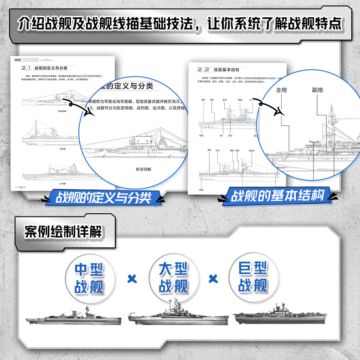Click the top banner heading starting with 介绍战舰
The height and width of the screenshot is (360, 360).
tap(180, 23)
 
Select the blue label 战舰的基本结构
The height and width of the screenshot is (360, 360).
tap(278, 196)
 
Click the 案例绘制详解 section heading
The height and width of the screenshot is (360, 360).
tap(63, 231)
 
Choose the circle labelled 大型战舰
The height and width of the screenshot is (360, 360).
tap(173, 278)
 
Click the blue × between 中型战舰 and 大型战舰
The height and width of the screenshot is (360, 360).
tap(132, 278)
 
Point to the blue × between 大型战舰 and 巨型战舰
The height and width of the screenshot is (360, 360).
tap(212, 278)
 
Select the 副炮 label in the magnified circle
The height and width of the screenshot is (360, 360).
tap(318, 90)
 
